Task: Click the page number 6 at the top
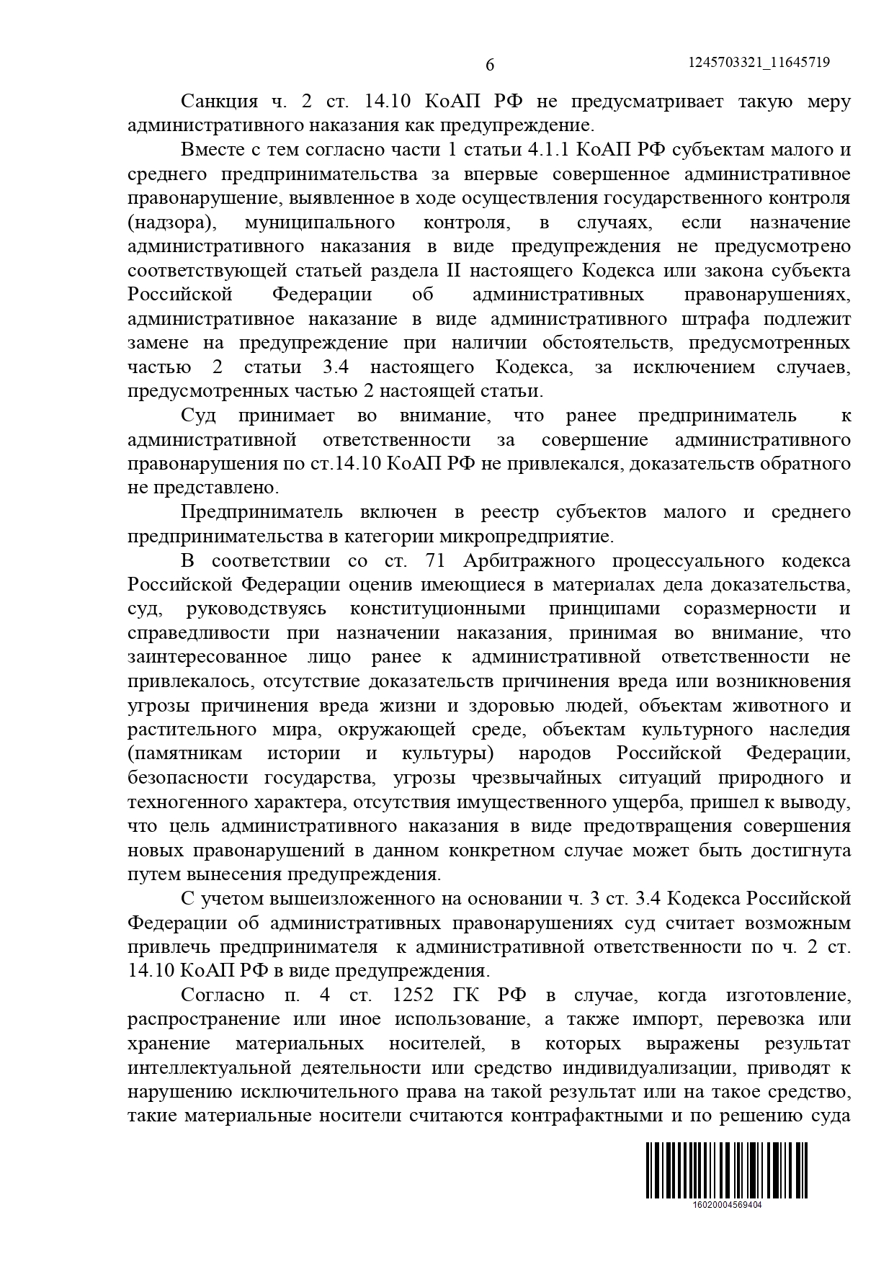click(490, 65)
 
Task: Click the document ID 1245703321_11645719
click(759, 63)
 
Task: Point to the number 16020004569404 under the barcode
click(726, 1204)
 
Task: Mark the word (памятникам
click(184, 753)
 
